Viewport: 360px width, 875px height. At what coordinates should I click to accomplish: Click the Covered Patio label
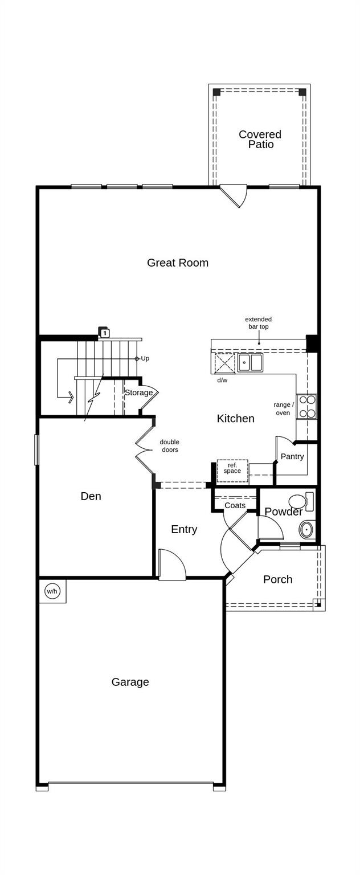(x=260, y=139)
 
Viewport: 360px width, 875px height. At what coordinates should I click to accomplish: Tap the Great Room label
(x=178, y=263)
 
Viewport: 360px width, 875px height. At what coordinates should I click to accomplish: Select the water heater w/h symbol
(x=52, y=591)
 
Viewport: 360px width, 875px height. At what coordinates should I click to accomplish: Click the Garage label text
(x=130, y=682)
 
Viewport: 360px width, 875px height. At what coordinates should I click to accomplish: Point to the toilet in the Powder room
(x=301, y=501)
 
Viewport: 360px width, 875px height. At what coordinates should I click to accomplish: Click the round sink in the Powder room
(x=307, y=530)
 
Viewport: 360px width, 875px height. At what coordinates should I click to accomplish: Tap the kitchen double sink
(x=250, y=362)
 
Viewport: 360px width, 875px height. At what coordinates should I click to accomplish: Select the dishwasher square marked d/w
(x=224, y=363)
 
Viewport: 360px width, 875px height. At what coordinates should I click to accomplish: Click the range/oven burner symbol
(x=307, y=407)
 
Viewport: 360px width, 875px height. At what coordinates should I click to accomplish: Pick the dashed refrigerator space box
(x=232, y=471)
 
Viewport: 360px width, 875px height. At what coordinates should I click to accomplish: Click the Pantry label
(x=292, y=456)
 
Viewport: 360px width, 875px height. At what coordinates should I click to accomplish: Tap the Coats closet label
(x=235, y=505)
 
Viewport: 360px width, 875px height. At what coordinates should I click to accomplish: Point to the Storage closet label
(x=138, y=392)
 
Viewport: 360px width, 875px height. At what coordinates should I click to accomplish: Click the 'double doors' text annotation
(x=169, y=445)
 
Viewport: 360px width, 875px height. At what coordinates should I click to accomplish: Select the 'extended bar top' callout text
(x=259, y=323)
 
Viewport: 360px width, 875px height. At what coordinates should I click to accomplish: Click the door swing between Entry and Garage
(x=173, y=566)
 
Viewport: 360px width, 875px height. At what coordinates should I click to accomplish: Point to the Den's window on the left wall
(x=36, y=449)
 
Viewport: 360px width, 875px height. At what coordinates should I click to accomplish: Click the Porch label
(x=277, y=579)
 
